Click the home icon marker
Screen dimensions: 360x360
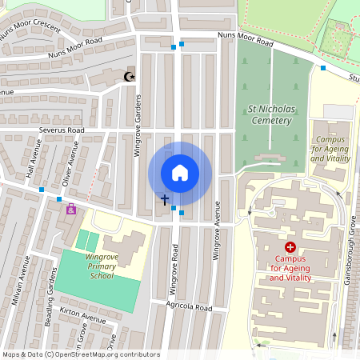click(x=179, y=173)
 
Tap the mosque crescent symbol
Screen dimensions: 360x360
click(x=128, y=77)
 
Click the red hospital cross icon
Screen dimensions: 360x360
click(x=290, y=248)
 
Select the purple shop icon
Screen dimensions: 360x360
click(x=71, y=210)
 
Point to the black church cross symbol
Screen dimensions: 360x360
click(x=165, y=198)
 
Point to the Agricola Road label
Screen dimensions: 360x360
click(x=189, y=307)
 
